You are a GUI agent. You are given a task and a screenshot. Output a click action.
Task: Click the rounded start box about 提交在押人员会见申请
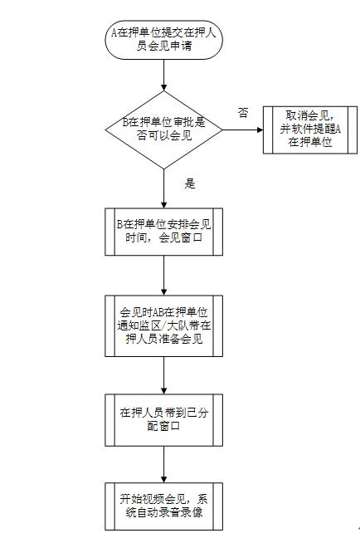[x=164, y=41]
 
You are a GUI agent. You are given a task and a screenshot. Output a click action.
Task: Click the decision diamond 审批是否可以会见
[x=164, y=129]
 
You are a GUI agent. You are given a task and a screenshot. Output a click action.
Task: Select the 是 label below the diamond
[x=189, y=183]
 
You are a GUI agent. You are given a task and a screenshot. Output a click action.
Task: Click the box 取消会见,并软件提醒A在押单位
[x=302, y=130]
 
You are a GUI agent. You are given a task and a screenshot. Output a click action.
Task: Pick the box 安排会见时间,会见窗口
[x=164, y=231]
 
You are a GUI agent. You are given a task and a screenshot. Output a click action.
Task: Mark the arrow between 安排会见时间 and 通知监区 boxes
[x=164, y=274]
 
